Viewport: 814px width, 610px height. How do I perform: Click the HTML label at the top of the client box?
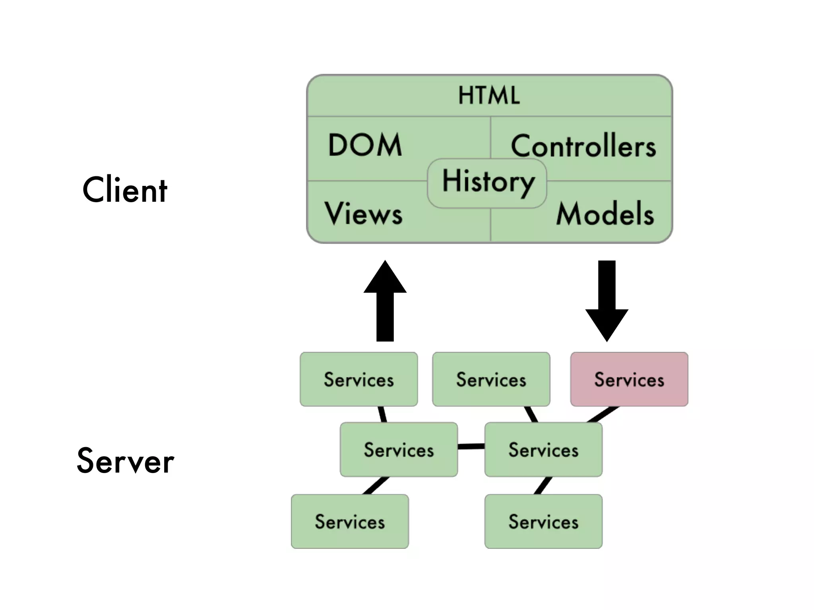coord(489,95)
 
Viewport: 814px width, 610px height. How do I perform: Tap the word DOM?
coord(365,145)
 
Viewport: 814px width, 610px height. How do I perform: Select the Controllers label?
coord(583,146)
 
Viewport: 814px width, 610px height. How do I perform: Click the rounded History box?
coord(487,183)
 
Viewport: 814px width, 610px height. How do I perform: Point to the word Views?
coord(363,214)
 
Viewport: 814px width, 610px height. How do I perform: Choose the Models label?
coord(605,214)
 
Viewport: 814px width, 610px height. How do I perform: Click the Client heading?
coord(125,190)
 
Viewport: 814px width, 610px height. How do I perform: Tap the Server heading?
coord(125,461)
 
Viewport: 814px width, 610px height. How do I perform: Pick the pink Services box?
coord(629,379)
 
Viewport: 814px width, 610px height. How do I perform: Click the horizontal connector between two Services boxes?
coord(471,446)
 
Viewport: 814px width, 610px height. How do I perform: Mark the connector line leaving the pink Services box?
coord(603,414)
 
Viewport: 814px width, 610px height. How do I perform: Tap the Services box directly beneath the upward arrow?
coord(359,379)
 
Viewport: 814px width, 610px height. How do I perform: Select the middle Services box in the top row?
coord(491,379)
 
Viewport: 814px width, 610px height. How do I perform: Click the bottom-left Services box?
coord(350,521)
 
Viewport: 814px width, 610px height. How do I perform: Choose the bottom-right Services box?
coord(543,521)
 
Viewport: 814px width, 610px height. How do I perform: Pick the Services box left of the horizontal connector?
coord(399,450)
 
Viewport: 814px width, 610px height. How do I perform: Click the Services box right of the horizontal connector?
coord(543,450)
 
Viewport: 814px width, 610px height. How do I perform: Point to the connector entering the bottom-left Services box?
coord(376,486)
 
